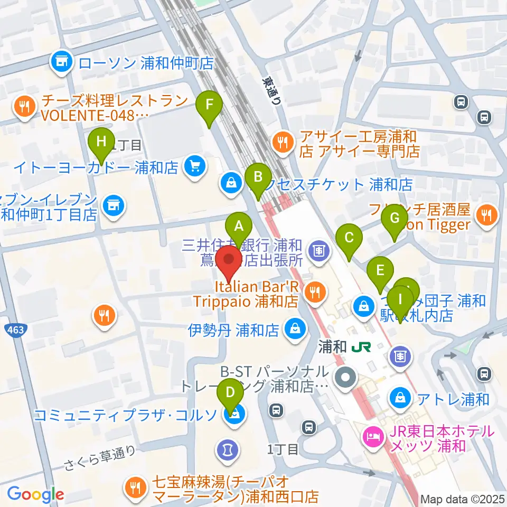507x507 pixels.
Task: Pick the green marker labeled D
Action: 231,392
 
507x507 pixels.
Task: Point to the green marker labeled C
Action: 349,237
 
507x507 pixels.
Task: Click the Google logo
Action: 35,495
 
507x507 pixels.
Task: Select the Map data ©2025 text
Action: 463,499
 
